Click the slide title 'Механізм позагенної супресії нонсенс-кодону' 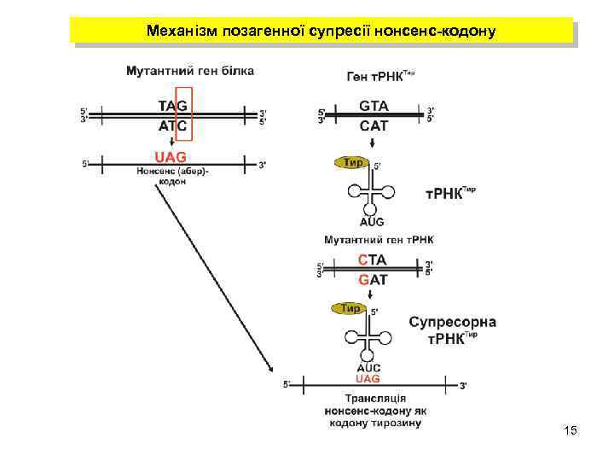click(321, 31)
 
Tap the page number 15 click(571, 430)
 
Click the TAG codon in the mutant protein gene click(173, 106)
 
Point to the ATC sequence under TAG click(173, 125)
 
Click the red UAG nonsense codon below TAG click(171, 156)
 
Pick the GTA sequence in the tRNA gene click(374, 106)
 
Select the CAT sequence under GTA click(374, 125)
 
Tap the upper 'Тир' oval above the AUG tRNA click(350, 161)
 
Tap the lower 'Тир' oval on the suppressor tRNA click(350, 308)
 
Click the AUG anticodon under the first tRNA click(372, 220)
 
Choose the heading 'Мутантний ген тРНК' click(379, 239)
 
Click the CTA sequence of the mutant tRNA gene click(373, 260)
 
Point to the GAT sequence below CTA click(373, 279)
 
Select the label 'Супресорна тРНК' click(452, 330)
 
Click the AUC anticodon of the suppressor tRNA click(369, 368)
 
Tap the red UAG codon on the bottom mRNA click(368, 378)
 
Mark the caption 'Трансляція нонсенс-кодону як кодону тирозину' click(374, 411)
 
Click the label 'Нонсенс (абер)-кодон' click(172, 176)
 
